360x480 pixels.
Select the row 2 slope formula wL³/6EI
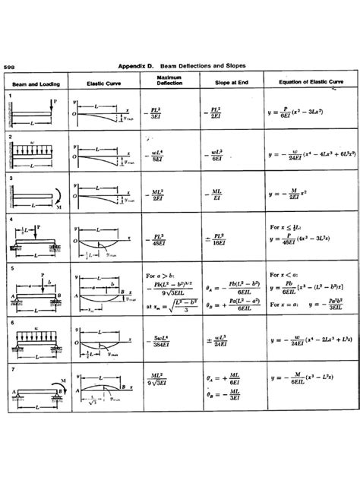[216, 156]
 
